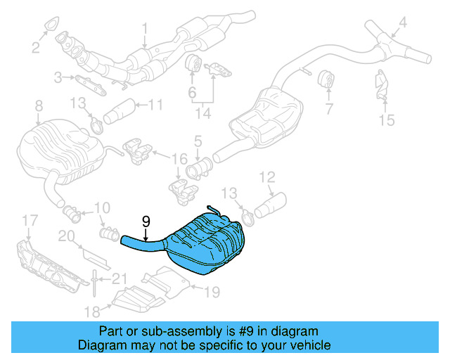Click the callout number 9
click(146, 221)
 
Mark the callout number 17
click(27, 221)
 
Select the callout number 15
click(387, 120)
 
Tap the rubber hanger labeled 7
click(326, 80)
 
